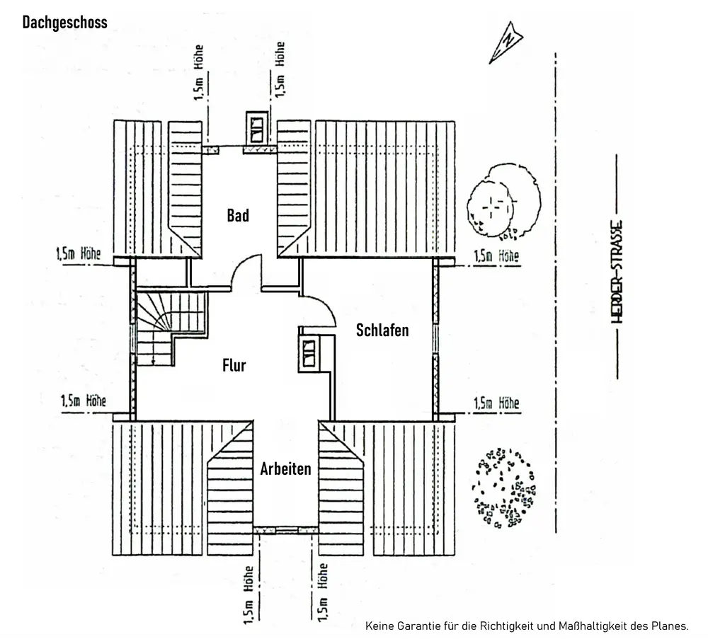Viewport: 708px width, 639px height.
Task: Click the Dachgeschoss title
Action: pos(65,23)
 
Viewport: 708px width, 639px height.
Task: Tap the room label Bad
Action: pos(238,216)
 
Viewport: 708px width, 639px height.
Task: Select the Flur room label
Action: pos(234,365)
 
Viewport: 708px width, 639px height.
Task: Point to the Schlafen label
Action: pos(382,330)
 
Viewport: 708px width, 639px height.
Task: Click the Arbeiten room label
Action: pos(285,468)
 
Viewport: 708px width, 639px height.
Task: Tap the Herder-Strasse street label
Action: pos(617,270)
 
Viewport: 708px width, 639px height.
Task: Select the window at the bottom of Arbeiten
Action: pos(286,529)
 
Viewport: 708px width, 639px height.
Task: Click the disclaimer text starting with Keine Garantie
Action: pos(527,626)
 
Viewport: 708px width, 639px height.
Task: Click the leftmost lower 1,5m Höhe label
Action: pos(84,401)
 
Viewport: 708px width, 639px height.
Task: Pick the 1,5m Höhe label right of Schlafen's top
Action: pos(496,256)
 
